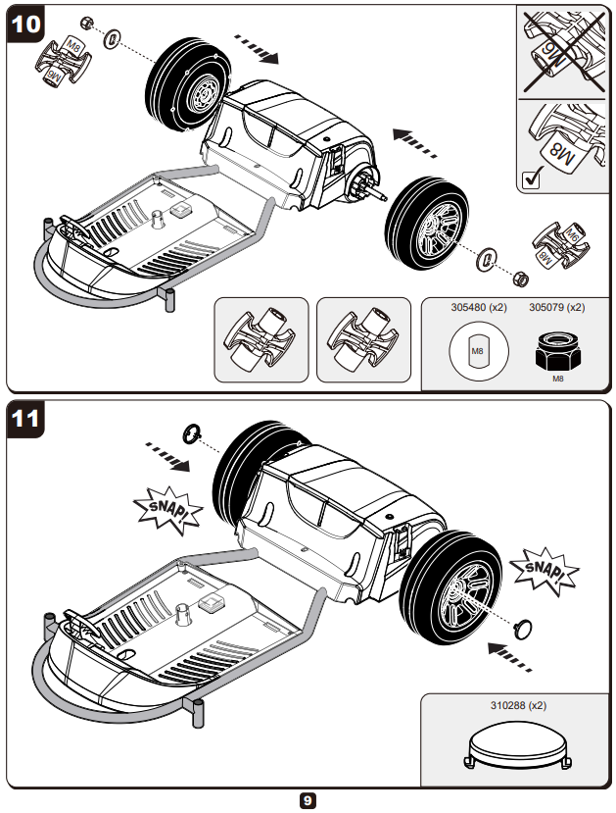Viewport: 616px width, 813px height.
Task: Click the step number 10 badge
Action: [x=26, y=25]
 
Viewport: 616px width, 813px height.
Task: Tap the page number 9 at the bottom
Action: [x=308, y=800]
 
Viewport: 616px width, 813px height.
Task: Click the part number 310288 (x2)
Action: [x=518, y=704]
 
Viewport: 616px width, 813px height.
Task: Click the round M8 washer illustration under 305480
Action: [x=477, y=350]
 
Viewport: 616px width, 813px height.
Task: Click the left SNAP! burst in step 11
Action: [x=166, y=508]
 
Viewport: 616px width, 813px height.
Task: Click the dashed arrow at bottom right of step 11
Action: [x=512, y=654]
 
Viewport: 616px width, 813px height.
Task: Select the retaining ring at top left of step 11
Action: [x=193, y=432]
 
